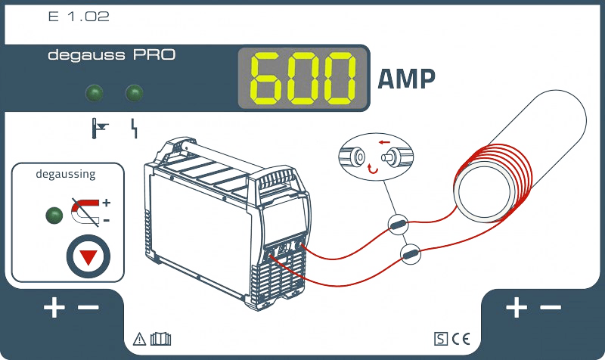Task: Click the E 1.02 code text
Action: tap(78, 16)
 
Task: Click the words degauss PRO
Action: tap(111, 55)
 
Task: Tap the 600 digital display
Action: tap(304, 79)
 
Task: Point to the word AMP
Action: tap(406, 79)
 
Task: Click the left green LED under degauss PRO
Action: tap(96, 94)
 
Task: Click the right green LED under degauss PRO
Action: tap(134, 94)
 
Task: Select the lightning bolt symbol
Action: tap(135, 129)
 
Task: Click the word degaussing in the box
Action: tap(66, 174)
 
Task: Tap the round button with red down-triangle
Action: tap(89, 256)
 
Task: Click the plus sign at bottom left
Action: tap(54, 308)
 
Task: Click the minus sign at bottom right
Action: tap(551, 308)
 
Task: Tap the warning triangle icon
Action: tap(139, 339)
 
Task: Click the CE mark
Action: tap(461, 339)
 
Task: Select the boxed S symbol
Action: tap(441, 339)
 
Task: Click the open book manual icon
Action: tap(160, 339)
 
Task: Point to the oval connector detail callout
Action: tap(377, 154)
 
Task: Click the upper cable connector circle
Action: tap(398, 223)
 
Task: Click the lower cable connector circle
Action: tap(411, 254)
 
